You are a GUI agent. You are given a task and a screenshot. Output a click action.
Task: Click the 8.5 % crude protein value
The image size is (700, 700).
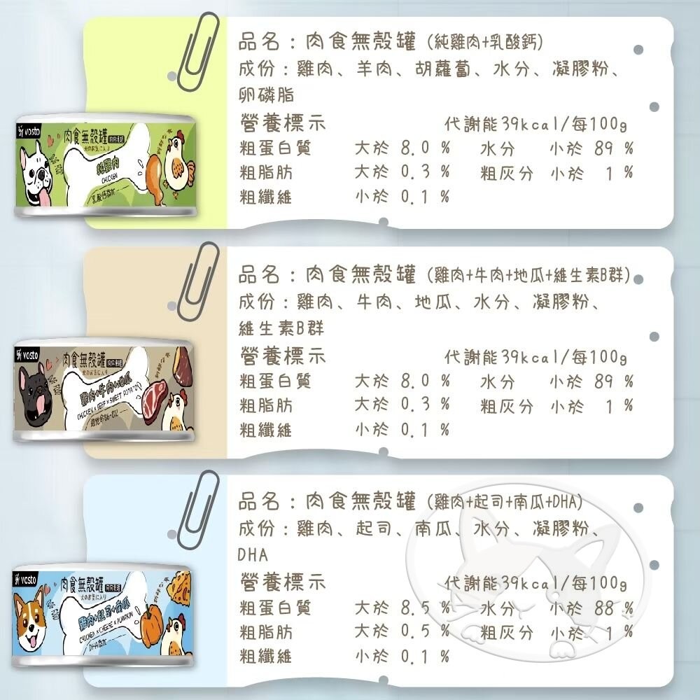point(425,607)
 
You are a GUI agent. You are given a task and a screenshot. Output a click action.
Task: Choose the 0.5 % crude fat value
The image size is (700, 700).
point(425,632)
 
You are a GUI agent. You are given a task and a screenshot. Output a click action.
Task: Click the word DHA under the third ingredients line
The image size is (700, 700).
point(253,555)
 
